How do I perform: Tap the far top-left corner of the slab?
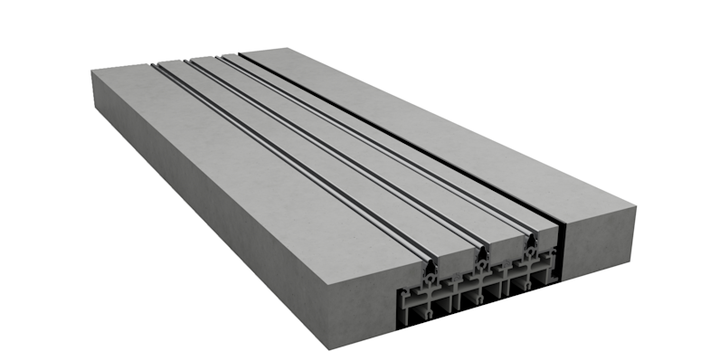tap(93, 71)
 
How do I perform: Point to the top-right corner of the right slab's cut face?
tap(635, 208)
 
